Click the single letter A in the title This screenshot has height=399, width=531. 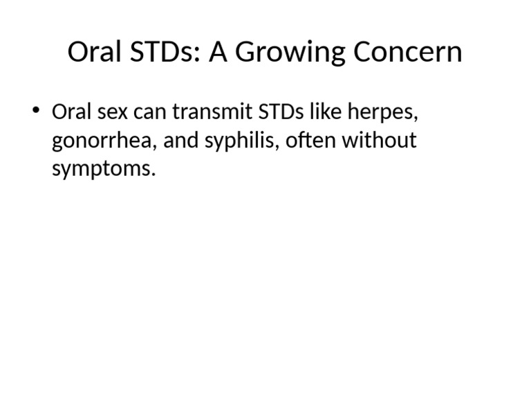point(218,53)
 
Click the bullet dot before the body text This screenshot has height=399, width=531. point(37,111)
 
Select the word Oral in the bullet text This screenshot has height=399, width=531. point(73,112)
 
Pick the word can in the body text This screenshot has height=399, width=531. point(152,112)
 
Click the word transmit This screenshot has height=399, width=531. point(212,112)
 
